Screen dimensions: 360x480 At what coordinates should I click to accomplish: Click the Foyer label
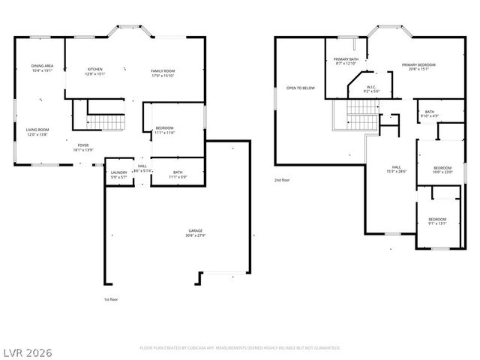click(x=83, y=145)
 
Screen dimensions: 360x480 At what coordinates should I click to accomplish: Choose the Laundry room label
click(x=118, y=172)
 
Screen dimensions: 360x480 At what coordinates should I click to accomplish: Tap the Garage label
click(x=195, y=230)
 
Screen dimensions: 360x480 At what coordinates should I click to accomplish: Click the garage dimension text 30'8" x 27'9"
click(x=195, y=235)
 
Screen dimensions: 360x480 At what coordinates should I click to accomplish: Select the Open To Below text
click(x=301, y=88)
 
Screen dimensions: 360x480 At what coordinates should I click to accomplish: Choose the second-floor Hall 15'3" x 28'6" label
click(x=397, y=169)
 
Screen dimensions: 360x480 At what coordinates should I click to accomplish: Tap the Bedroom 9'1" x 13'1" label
click(x=437, y=220)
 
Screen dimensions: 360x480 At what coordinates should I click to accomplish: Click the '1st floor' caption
click(x=111, y=299)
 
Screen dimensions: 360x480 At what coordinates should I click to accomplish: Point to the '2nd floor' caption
click(x=281, y=180)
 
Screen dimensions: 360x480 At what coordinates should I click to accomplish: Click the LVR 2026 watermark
click(x=27, y=350)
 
